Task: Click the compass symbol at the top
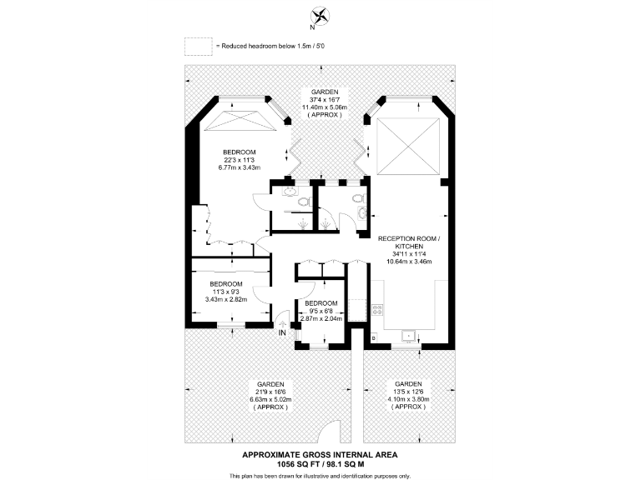[x=320, y=15]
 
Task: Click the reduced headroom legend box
[x=198, y=45]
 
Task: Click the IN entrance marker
[x=282, y=333]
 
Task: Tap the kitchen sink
[x=410, y=336]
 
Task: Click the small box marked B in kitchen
[x=373, y=337]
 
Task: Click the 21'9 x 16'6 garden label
[x=267, y=384]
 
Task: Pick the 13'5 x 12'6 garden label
[x=409, y=384]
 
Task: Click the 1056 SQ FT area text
[x=320, y=463]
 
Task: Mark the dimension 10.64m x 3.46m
[x=408, y=261]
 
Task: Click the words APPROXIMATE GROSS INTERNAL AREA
[x=320, y=454]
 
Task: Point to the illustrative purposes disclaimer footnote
[x=320, y=475]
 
